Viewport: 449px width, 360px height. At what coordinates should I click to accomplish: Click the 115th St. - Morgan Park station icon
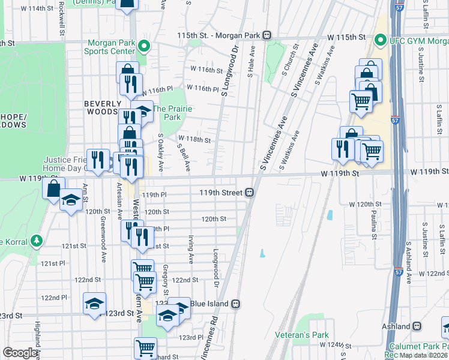266,35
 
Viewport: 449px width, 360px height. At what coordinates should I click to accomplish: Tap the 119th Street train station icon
248,193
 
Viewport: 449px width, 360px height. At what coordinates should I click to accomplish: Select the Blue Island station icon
237,304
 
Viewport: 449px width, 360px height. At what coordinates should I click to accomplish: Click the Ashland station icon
417,326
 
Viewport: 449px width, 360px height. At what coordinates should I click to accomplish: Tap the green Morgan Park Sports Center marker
143,46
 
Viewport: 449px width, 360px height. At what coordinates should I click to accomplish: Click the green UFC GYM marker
379,41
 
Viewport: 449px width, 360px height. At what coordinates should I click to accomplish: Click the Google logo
19,353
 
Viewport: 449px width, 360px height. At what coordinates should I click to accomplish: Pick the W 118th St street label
196,140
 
